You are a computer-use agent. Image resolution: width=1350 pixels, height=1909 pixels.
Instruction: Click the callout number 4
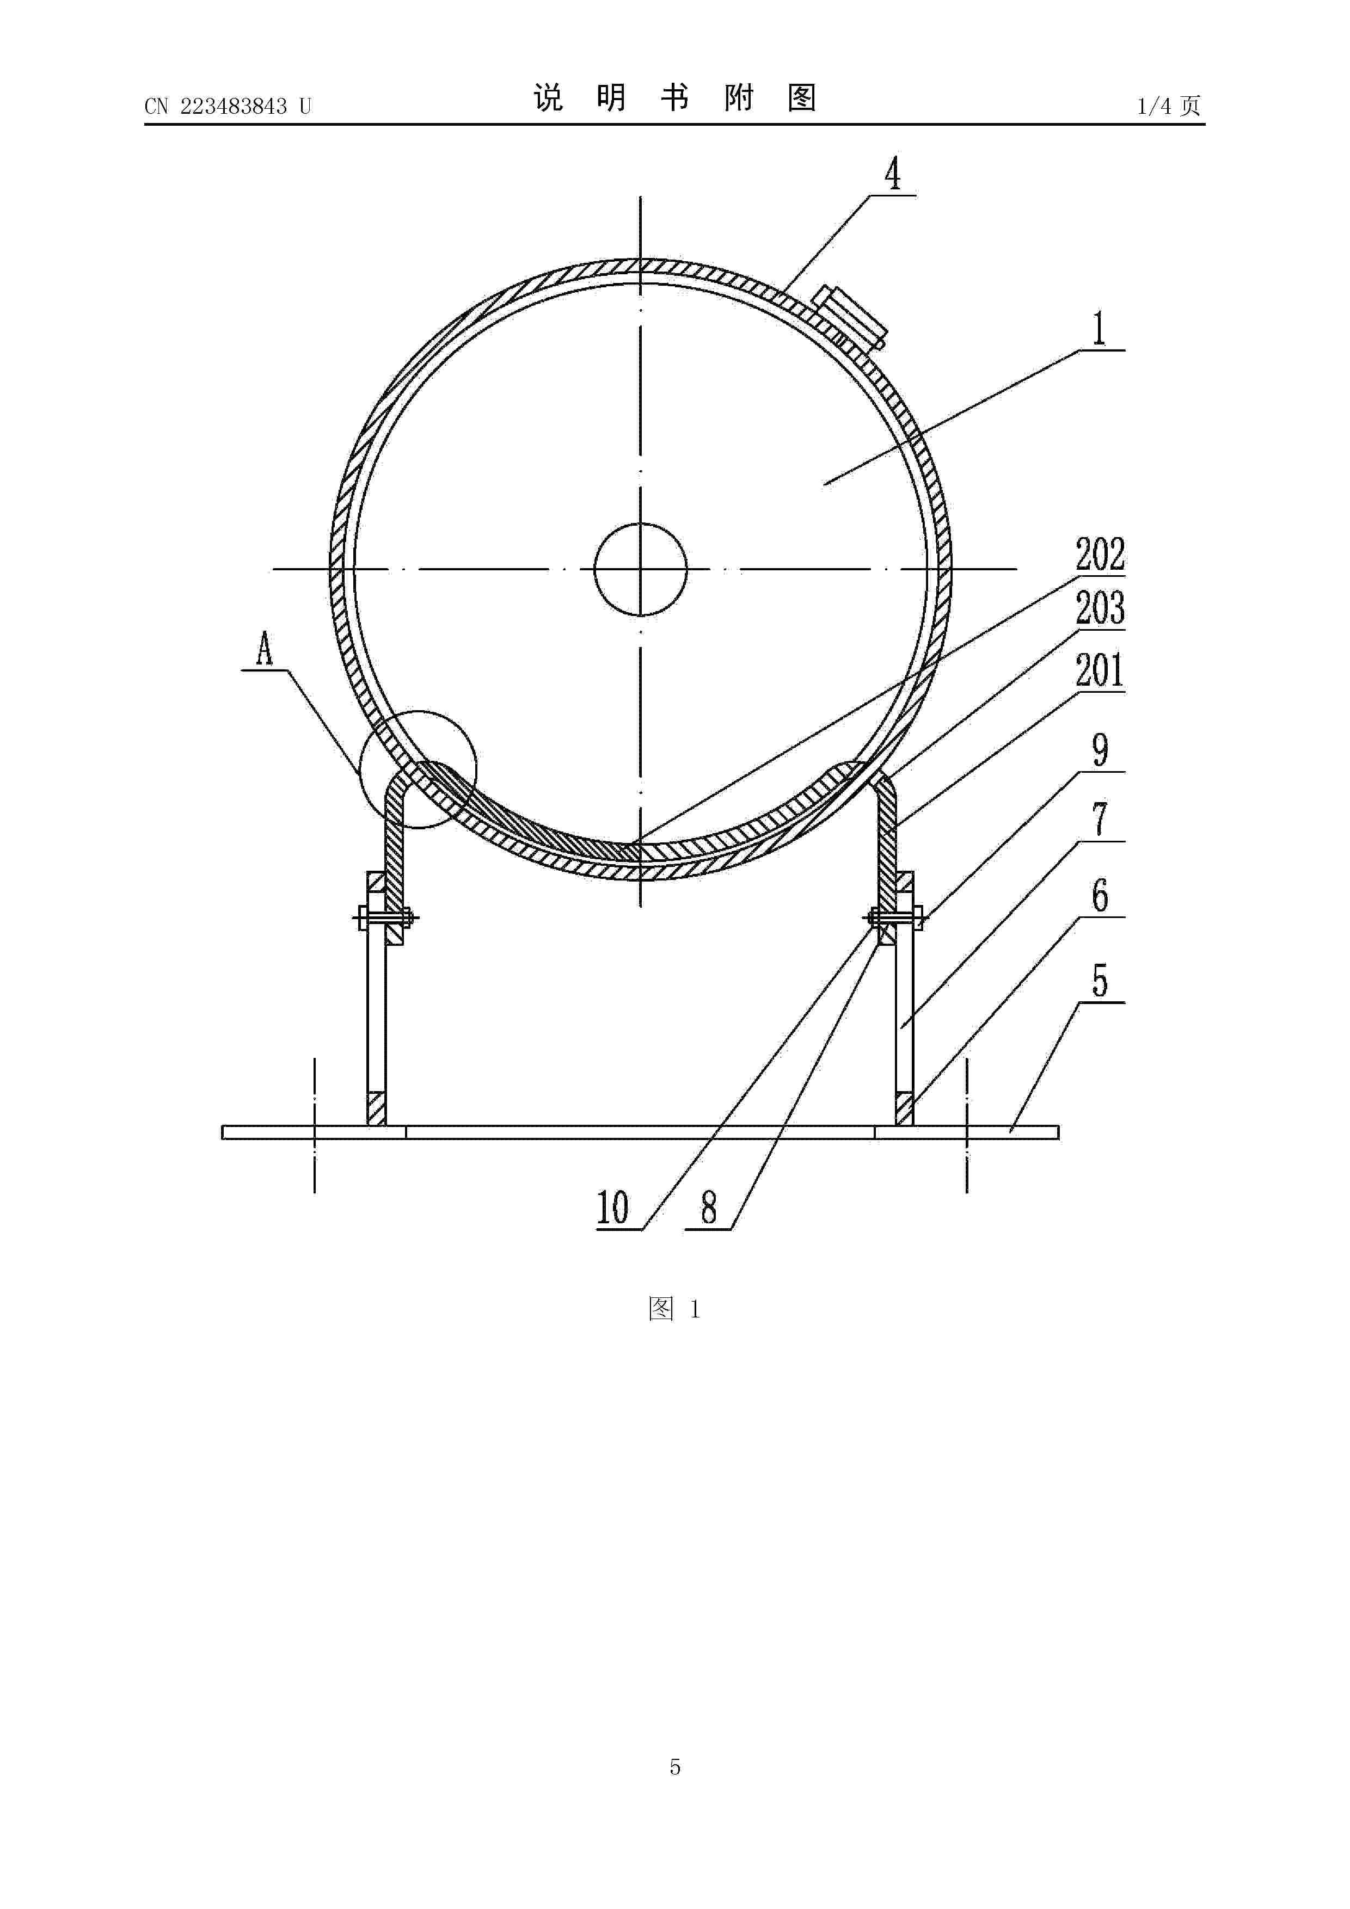pos(893,175)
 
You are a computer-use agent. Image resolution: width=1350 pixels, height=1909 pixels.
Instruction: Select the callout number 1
pos(1100,329)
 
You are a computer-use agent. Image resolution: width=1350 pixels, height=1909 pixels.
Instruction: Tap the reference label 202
pos(1100,555)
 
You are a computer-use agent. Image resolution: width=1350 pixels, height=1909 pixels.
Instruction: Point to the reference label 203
pos(1100,608)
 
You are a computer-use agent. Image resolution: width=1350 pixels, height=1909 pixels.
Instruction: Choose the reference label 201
pos(1100,671)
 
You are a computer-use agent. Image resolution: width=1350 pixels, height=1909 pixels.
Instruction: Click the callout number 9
pos(1100,750)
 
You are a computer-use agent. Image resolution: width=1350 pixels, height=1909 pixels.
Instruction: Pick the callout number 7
pos(1100,820)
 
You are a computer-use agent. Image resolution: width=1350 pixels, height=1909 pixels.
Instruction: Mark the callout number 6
pos(1100,896)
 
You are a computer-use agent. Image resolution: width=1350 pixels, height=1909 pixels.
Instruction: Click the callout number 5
pos(1100,981)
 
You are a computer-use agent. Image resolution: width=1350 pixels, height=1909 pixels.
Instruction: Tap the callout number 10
pos(613,1208)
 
